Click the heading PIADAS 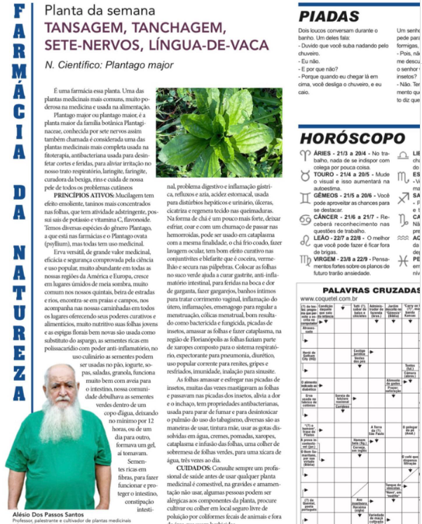330,17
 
